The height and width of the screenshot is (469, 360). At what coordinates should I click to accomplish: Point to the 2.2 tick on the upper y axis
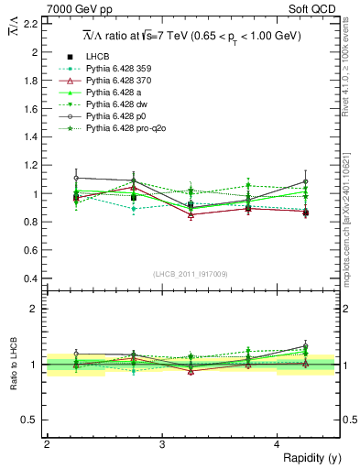point(32,24)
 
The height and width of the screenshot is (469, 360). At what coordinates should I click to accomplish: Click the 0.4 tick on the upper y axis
point(32,278)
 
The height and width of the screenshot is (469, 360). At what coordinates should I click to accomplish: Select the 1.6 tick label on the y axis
point(32,109)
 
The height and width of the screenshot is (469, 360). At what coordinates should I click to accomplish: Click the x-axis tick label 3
point(162,445)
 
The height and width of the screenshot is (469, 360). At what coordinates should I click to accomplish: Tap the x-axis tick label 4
point(277,445)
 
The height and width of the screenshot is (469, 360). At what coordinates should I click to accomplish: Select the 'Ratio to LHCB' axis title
point(12,364)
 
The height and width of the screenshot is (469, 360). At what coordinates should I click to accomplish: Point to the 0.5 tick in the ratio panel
point(32,420)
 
